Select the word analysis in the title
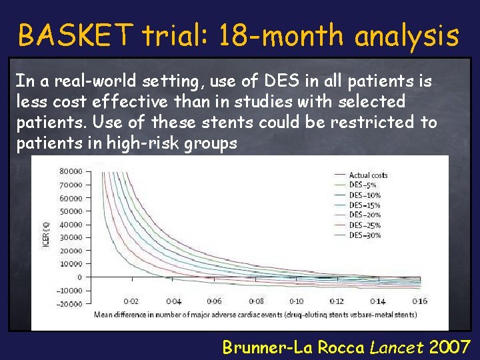pyautogui.click(x=407, y=36)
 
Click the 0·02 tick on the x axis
pyautogui.click(x=132, y=301)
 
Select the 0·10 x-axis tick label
pyautogui.click(x=296, y=301)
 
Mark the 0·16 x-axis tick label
pyautogui.click(x=419, y=301)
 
